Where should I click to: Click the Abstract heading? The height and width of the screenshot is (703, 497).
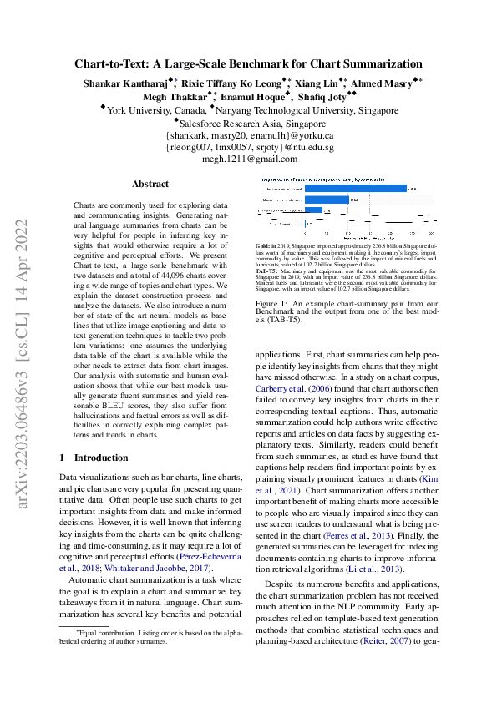coord(150,184)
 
